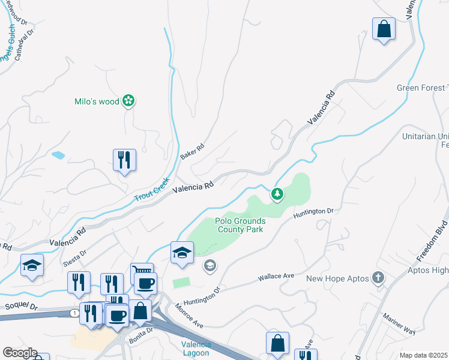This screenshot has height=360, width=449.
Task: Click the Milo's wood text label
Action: tap(97, 101)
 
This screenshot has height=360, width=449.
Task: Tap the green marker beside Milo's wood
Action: tap(128, 101)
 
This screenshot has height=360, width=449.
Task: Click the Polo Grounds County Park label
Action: tap(240, 225)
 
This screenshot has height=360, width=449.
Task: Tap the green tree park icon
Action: tap(277, 193)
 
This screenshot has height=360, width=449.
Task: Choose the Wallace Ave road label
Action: tap(276, 277)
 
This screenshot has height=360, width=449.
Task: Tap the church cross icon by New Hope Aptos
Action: tap(378, 278)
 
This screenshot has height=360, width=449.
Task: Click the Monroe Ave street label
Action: tap(189, 316)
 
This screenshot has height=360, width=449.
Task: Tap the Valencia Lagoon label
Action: tap(196, 349)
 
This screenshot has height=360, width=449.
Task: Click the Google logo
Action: tap(20, 353)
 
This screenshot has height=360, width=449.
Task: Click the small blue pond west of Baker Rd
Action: tap(58, 155)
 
